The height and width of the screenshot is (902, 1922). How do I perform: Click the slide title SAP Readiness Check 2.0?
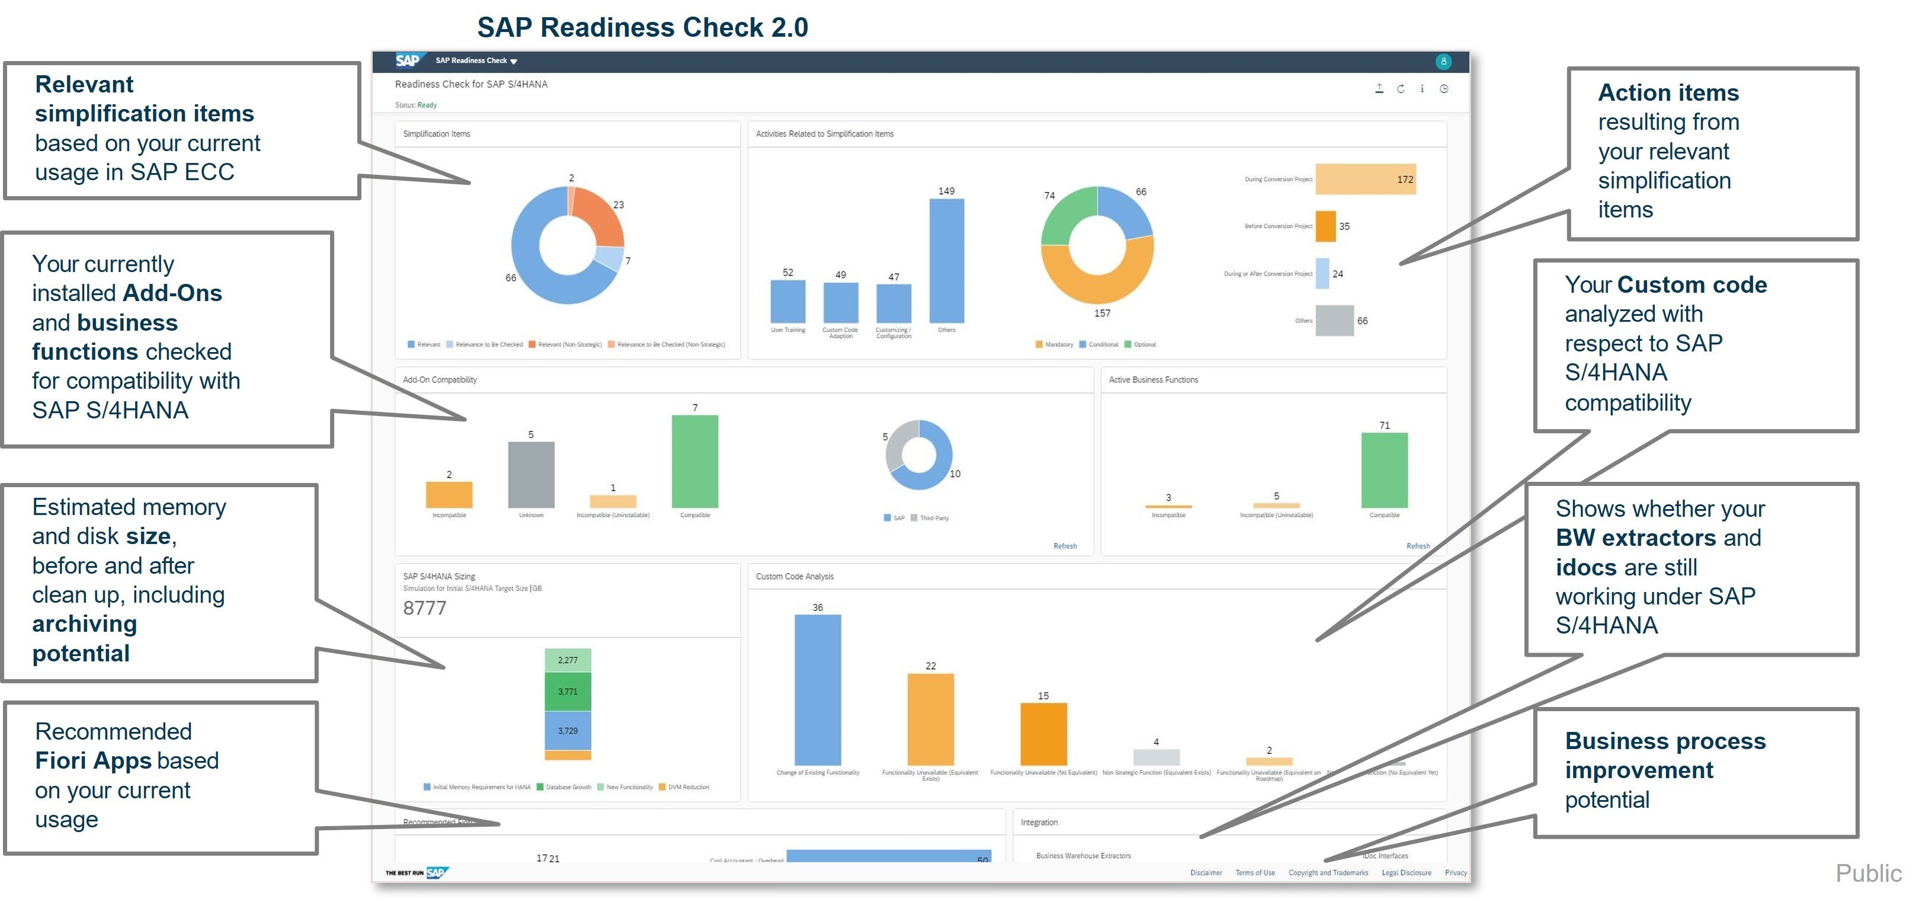pos(642,28)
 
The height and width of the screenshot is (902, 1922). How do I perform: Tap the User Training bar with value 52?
pos(788,302)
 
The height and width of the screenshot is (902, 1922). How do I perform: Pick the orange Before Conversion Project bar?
pos(1325,226)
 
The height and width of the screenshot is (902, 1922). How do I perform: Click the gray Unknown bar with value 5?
pos(531,475)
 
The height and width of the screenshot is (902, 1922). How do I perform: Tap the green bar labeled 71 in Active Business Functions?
pos(1384,470)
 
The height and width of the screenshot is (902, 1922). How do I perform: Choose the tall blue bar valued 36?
pos(818,689)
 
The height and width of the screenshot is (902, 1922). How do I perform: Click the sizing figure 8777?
pos(425,608)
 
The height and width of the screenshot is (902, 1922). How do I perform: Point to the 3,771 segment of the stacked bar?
pos(568,692)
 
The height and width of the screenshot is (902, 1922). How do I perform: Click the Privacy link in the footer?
pos(1455,872)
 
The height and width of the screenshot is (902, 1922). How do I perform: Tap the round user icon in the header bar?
pos(1444,61)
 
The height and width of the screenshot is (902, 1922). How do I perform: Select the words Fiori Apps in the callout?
pos(92,760)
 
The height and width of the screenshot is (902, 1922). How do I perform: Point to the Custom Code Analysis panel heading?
pos(795,577)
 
